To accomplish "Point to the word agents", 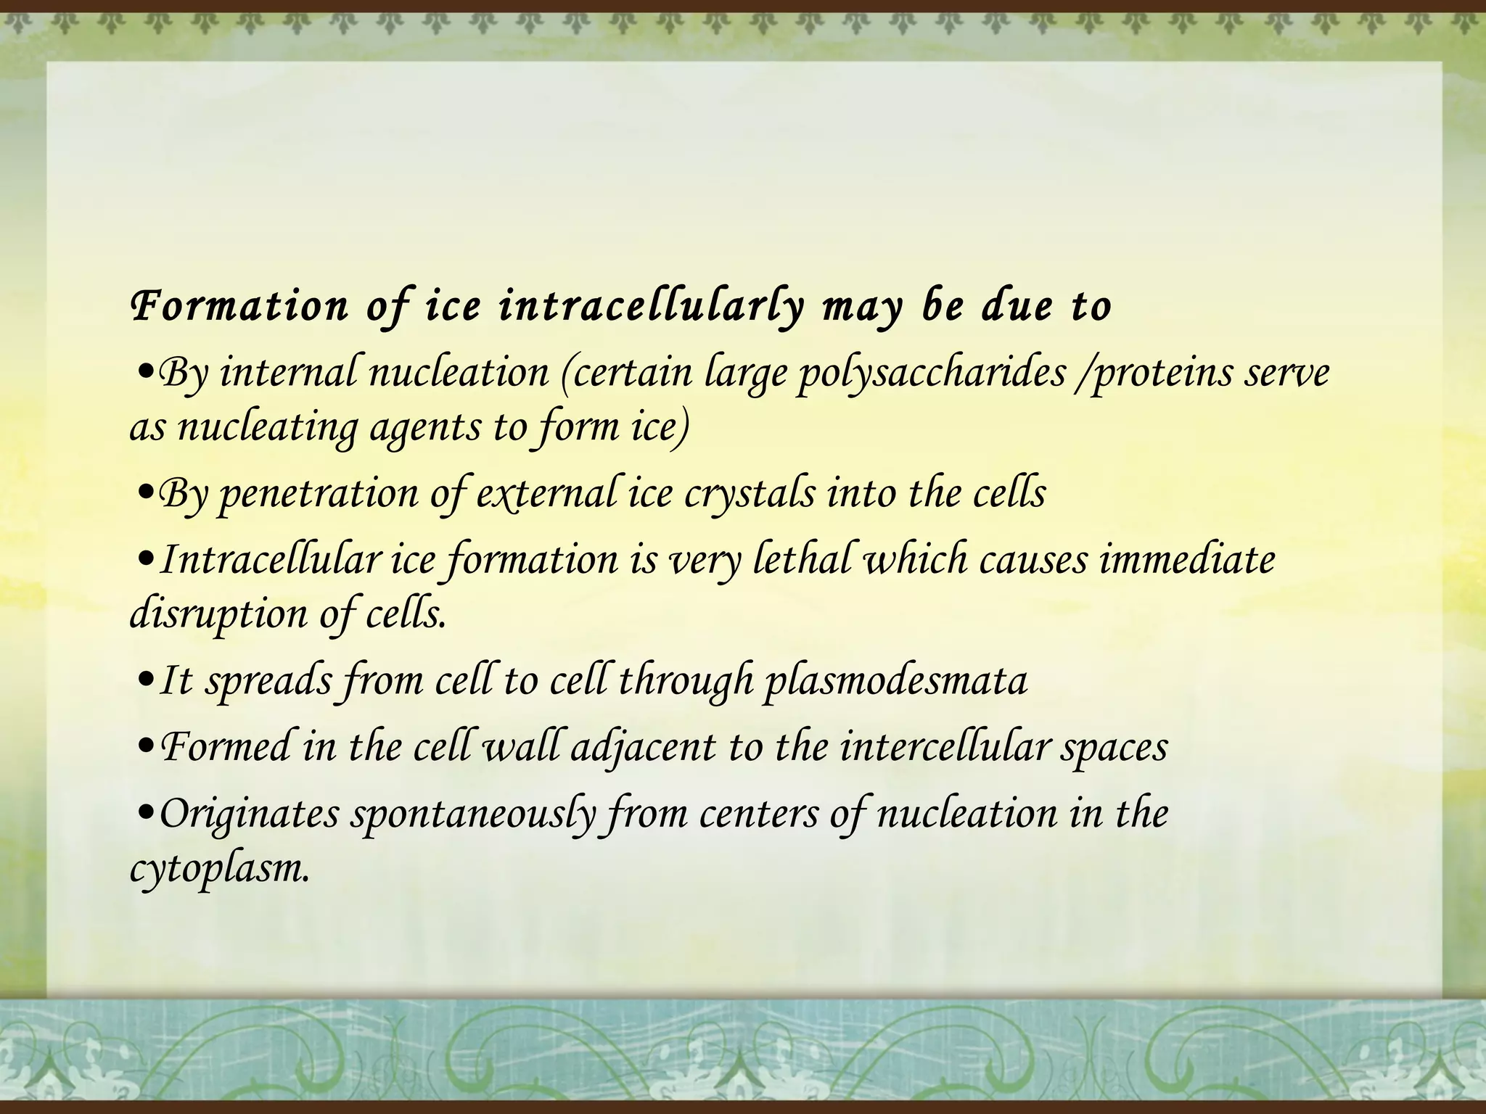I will click(425, 428).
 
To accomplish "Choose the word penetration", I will click(318, 495).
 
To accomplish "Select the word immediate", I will click(1187, 560).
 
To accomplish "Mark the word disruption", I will click(218, 615).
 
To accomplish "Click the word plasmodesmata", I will click(895, 680).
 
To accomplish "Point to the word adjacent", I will click(643, 747).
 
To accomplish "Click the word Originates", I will click(249, 814).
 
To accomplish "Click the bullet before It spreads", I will click(144, 682).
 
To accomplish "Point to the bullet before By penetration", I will click(144, 495).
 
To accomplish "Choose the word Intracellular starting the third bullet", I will click(270, 560).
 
